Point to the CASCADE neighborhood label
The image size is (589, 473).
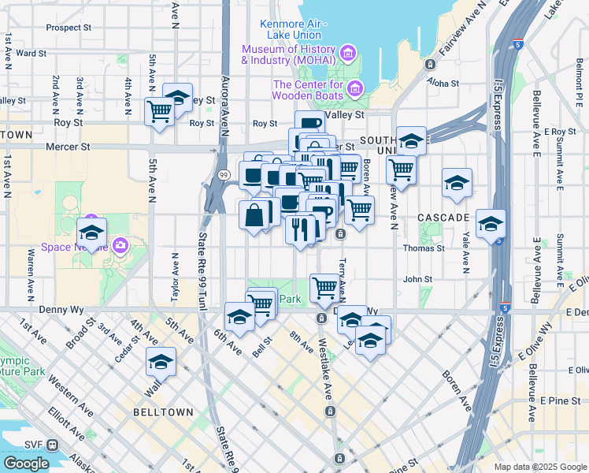pos(443,217)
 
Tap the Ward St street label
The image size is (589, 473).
pos(31,54)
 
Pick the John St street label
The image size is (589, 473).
pos(418,279)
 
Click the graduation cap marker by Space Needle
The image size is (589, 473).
pos(91,233)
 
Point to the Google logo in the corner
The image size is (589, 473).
pos(25,464)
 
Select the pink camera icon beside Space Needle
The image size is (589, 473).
pos(120,245)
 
